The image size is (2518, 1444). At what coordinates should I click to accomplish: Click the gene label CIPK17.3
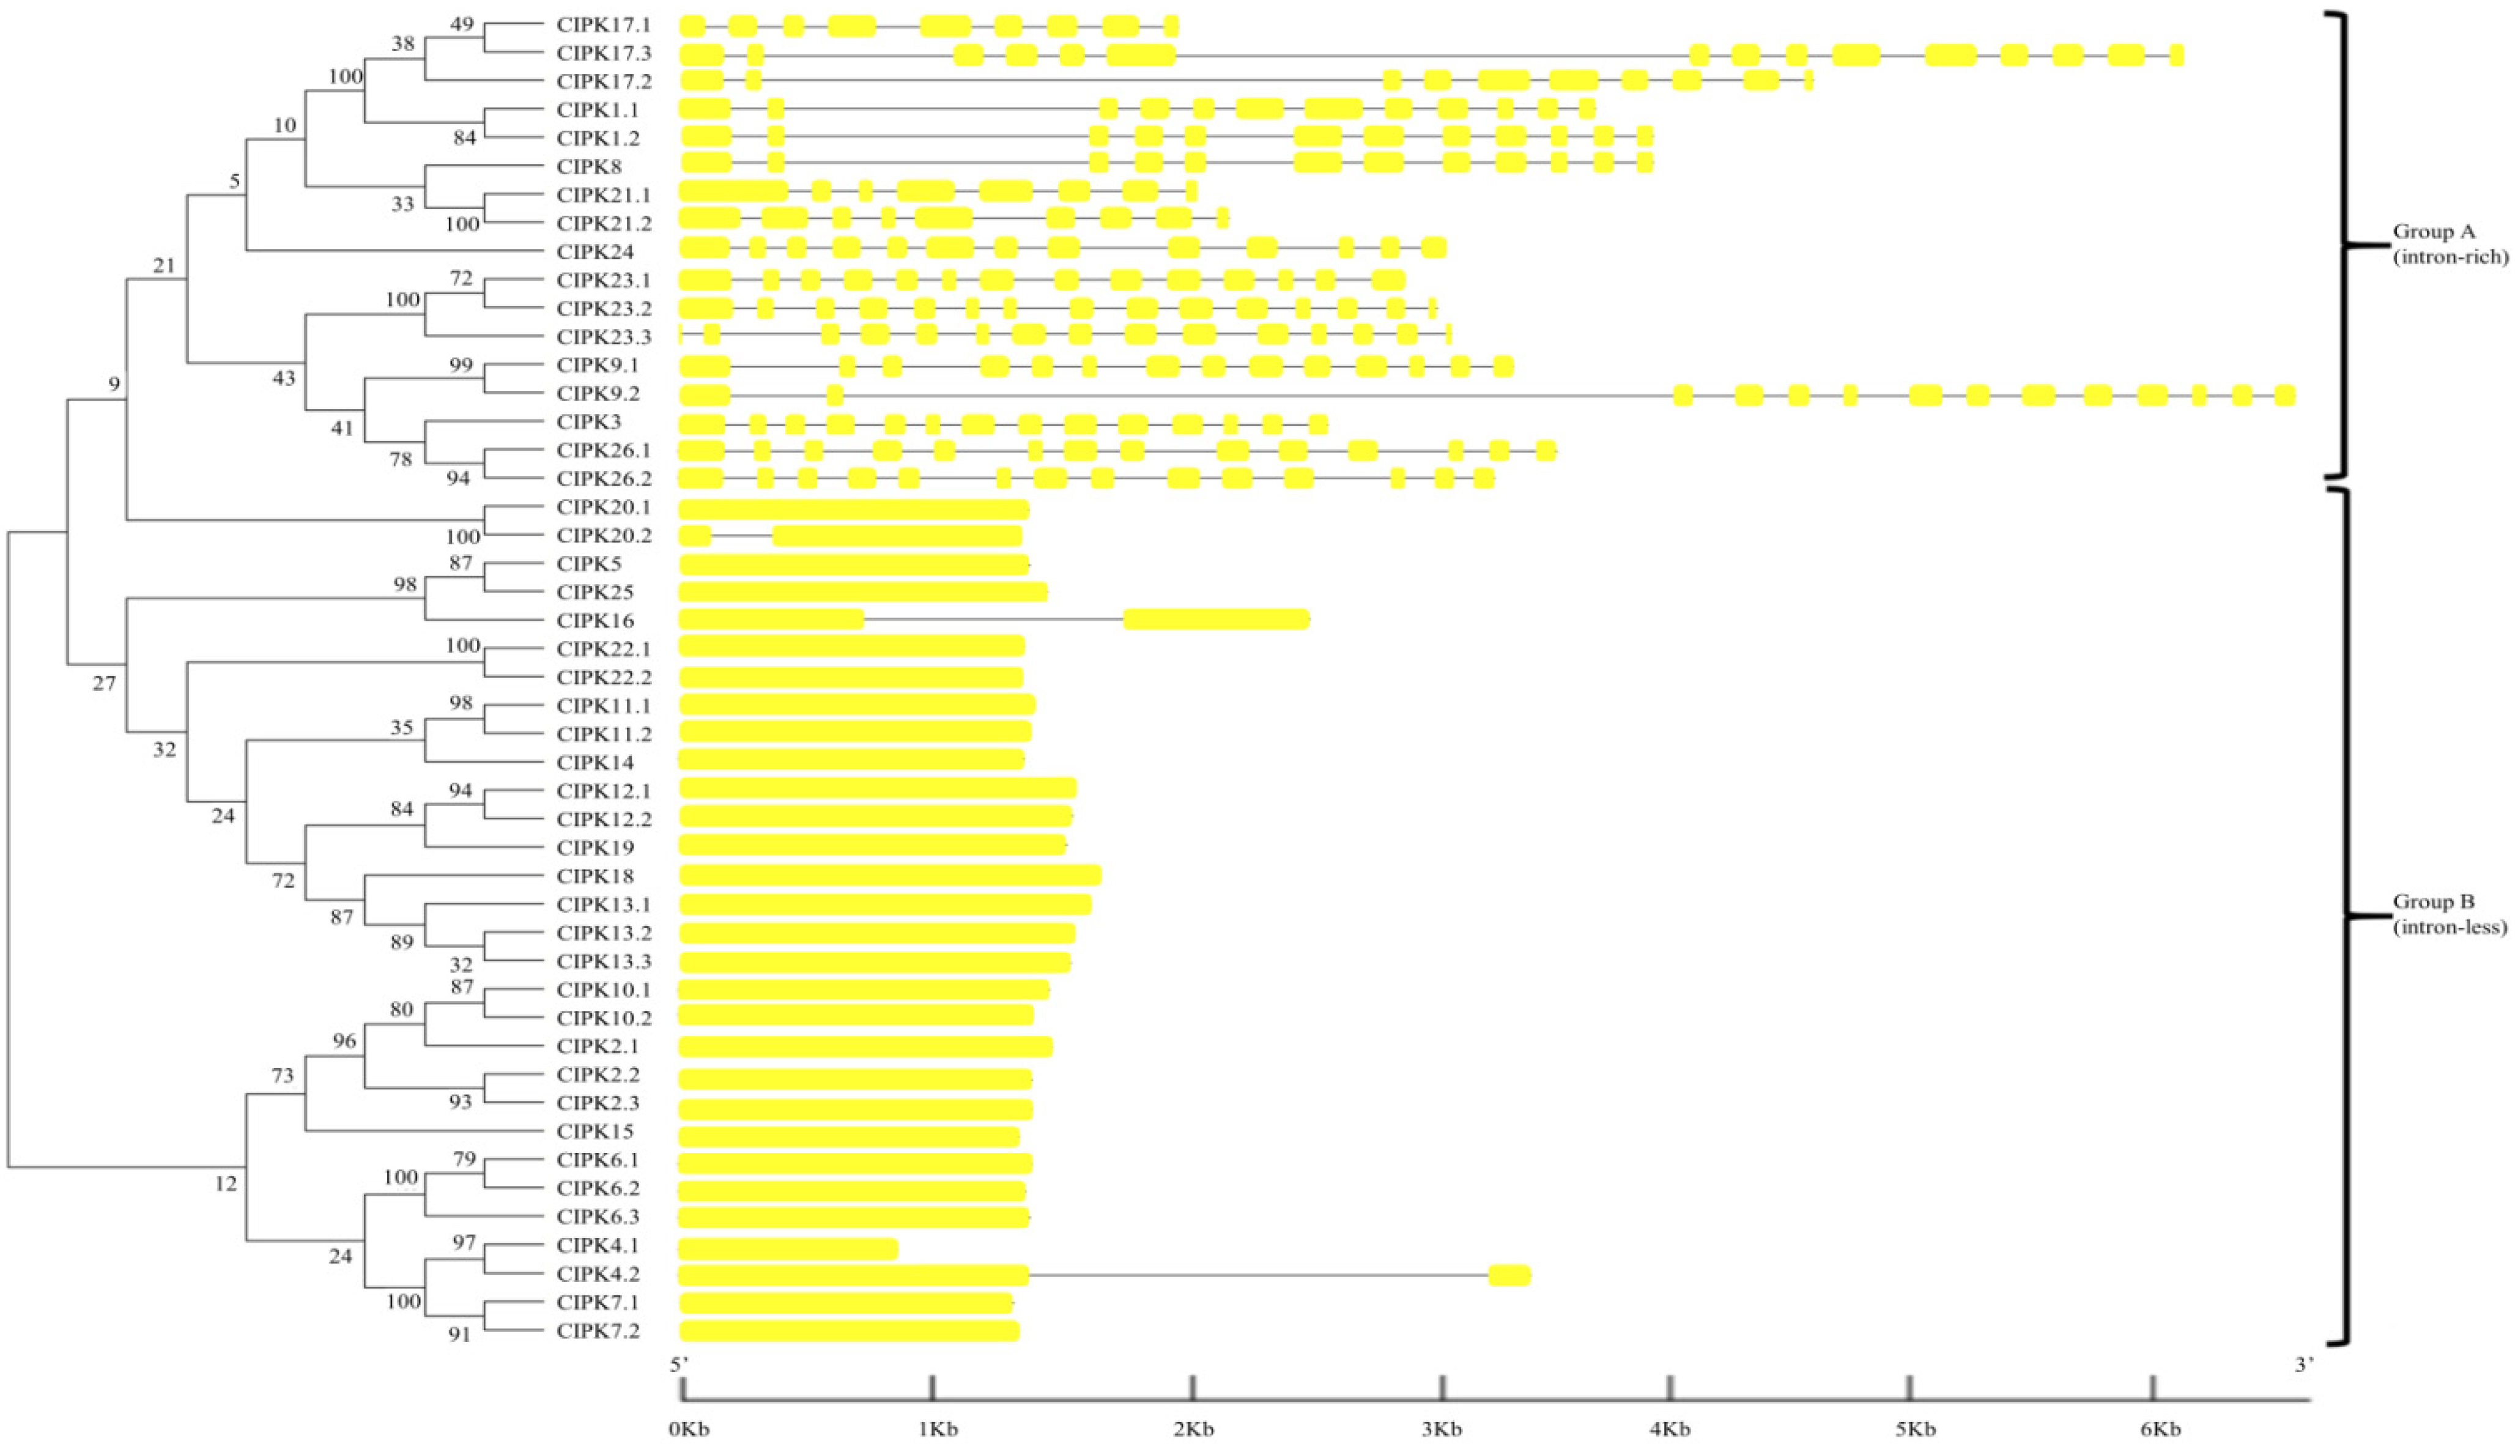[604, 53]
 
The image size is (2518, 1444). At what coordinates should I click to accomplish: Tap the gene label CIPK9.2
[598, 394]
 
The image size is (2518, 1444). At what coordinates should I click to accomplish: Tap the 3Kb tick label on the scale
[1441, 1429]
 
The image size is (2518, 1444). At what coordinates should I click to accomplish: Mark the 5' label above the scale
[679, 1364]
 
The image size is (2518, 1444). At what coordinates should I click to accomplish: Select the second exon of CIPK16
[1216, 620]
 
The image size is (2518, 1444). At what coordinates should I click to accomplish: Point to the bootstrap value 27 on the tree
[104, 683]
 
